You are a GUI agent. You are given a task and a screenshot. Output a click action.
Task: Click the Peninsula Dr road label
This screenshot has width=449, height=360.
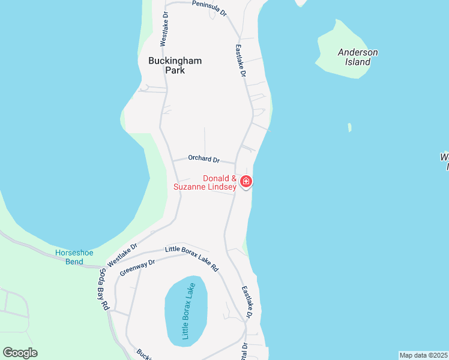(209, 8)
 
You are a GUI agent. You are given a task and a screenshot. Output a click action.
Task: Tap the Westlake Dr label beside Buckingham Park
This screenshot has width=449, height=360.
(163, 28)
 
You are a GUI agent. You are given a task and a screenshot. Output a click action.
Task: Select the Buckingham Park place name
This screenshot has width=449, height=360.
(175, 65)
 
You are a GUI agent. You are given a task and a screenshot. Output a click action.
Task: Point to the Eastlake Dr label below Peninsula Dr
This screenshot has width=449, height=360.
(241, 61)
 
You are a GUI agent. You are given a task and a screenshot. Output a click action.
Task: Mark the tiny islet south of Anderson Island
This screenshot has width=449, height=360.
(349, 127)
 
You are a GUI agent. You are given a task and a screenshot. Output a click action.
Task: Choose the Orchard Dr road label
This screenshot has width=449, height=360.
(203, 159)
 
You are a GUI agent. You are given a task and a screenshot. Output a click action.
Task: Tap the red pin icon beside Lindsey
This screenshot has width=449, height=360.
(246, 181)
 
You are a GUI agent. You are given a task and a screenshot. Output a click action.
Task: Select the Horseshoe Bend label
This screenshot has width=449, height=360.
(74, 257)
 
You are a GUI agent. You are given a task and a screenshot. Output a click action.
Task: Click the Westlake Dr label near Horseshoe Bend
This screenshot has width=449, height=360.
(122, 255)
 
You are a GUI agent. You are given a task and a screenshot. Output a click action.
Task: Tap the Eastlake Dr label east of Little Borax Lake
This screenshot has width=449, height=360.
(248, 302)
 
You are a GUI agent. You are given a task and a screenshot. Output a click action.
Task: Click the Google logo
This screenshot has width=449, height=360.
(20, 353)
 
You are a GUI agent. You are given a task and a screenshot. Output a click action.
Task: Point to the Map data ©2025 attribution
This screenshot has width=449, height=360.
(423, 355)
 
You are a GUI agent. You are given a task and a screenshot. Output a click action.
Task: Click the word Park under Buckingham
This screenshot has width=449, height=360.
(175, 70)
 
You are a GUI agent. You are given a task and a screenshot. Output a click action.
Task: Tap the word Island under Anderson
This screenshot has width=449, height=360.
(358, 62)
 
